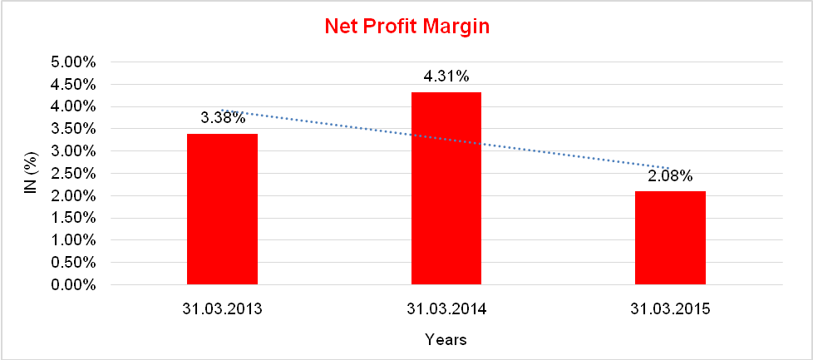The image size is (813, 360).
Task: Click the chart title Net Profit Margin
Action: pos(406,27)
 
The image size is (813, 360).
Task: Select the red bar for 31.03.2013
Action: pos(222,210)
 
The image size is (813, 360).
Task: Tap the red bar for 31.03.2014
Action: pos(446,189)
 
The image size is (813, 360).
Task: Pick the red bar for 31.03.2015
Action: pos(670,238)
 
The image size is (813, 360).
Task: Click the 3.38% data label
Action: pos(224,117)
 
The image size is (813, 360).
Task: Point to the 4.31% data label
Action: pos(446,76)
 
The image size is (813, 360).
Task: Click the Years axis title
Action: pos(446,340)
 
